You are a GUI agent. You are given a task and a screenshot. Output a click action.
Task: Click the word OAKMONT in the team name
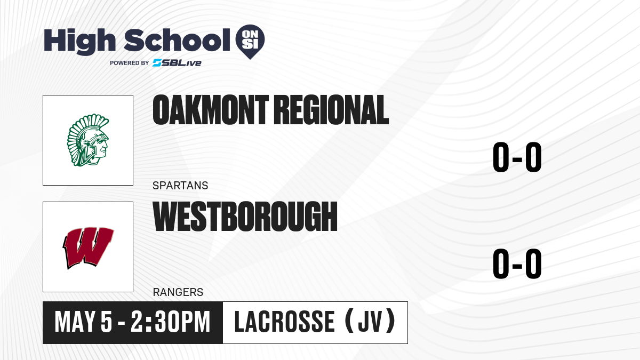click(211, 110)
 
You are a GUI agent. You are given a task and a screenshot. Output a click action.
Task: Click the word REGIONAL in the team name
click(331, 110)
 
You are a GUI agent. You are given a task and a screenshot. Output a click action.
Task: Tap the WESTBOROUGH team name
click(245, 217)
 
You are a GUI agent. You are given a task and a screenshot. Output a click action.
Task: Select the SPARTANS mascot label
click(180, 186)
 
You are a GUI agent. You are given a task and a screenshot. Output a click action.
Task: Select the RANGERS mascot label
click(178, 292)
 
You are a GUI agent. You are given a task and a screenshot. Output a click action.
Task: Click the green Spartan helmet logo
click(88, 140)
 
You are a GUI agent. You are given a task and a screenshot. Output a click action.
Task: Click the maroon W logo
click(88, 247)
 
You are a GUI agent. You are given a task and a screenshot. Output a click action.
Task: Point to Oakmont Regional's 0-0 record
click(517, 157)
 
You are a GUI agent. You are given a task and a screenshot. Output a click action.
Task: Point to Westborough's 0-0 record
click(517, 263)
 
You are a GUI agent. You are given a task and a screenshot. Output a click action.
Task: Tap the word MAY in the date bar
click(75, 322)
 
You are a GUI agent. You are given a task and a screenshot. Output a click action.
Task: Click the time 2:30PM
click(171, 322)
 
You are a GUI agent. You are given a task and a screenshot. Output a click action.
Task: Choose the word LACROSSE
click(284, 322)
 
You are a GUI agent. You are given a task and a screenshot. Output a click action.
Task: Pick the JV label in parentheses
click(370, 322)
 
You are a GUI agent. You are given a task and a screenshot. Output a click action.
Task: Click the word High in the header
click(80, 42)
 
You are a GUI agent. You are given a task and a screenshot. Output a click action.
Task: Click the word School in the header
click(177, 40)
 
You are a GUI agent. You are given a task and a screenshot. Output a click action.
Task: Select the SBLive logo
click(177, 63)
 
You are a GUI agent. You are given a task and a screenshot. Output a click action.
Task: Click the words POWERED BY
click(130, 63)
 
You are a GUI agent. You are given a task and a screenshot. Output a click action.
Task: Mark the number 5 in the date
click(106, 322)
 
